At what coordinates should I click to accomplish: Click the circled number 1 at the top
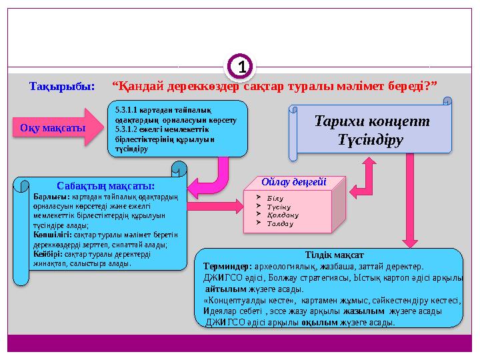(x=242, y=68)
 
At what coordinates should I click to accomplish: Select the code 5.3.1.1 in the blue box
(x=127, y=109)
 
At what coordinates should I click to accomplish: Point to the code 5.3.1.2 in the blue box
(x=127, y=129)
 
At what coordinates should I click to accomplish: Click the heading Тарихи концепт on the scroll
(x=371, y=122)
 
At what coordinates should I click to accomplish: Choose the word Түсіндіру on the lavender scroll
(x=371, y=140)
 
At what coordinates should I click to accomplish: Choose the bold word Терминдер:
(x=227, y=265)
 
